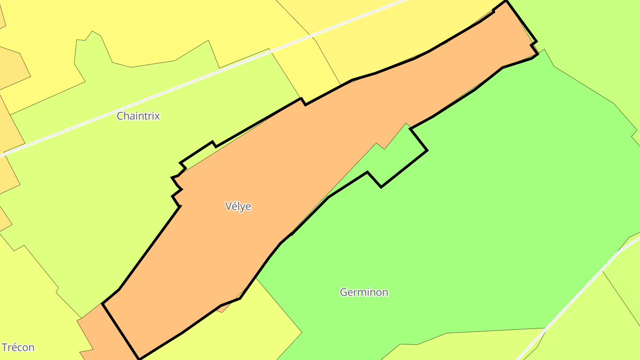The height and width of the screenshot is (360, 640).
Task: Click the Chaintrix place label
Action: click(x=138, y=116)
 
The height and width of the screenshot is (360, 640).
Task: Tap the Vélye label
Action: click(x=238, y=206)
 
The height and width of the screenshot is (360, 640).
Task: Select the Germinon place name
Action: click(x=364, y=292)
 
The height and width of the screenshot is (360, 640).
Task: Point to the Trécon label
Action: click(x=18, y=348)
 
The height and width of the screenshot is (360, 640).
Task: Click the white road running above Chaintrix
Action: click(x=178, y=88)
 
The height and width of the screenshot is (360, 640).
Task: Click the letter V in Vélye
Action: click(x=228, y=206)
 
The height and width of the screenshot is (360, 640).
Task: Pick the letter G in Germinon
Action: click(x=344, y=292)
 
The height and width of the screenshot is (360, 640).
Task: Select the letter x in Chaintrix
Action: click(x=157, y=116)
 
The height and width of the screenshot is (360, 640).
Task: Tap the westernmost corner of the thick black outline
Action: click(x=103, y=304)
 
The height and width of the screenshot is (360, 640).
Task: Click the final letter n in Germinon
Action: click(x=385, y=292)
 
